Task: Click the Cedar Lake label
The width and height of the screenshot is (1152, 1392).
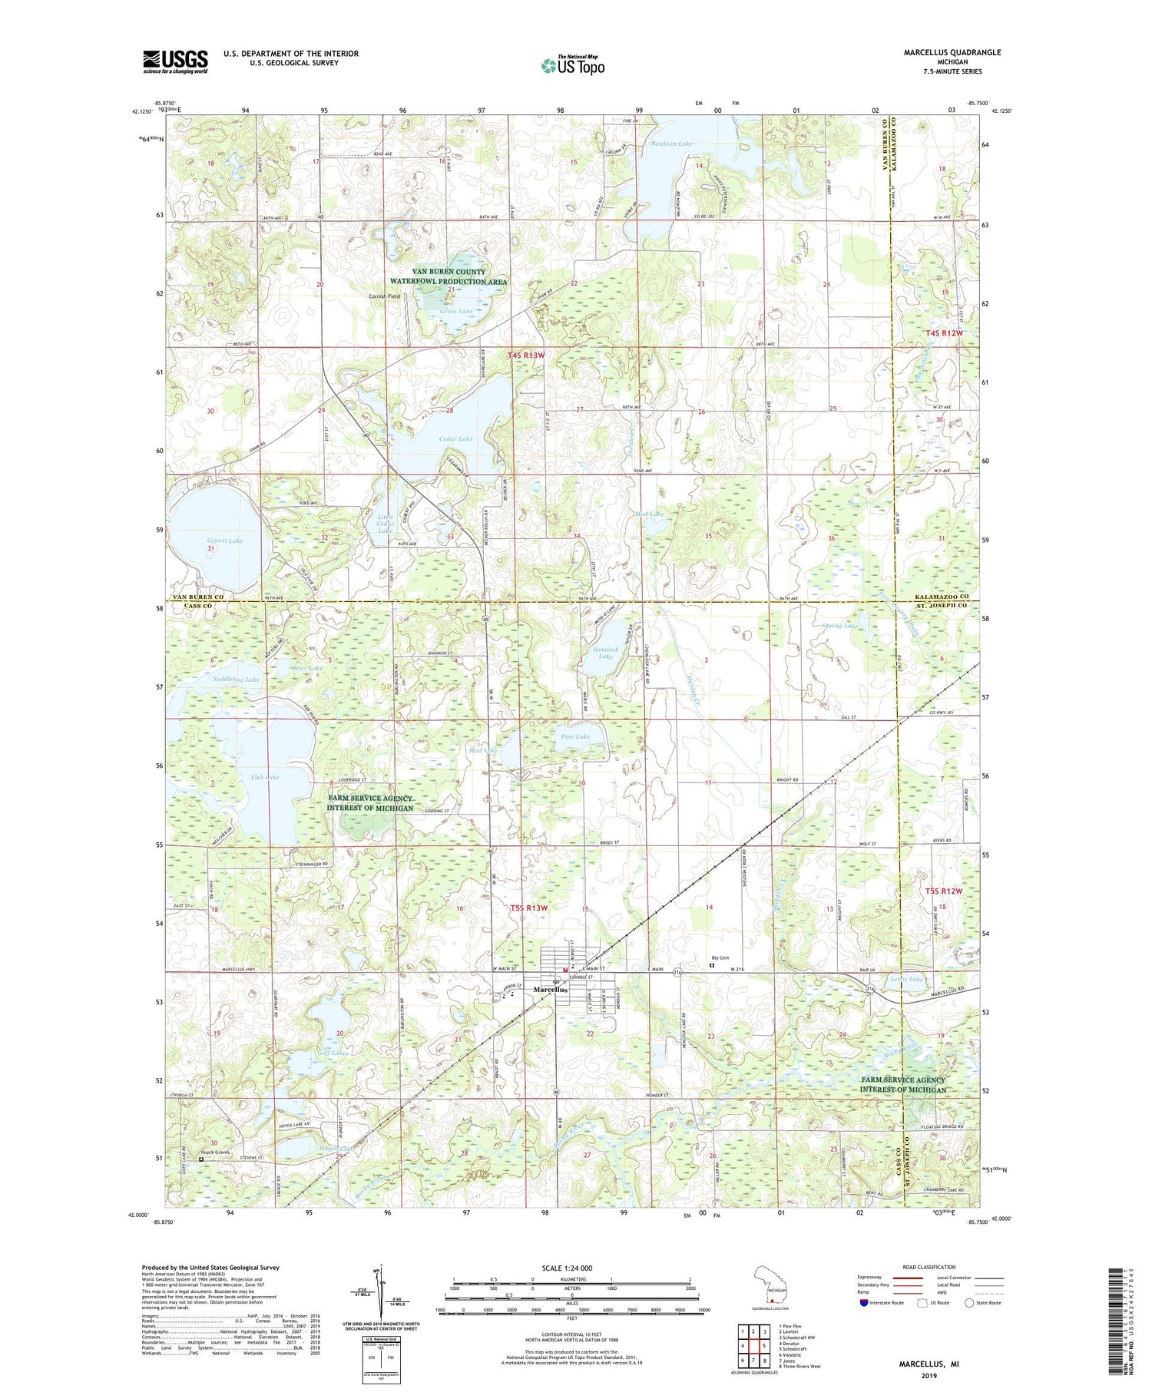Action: click(456, 439)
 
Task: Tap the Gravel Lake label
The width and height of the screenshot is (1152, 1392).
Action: click(225, 541)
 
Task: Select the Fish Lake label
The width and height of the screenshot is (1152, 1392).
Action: click(265, 777)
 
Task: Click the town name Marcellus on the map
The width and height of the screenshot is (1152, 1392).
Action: click(551, 990)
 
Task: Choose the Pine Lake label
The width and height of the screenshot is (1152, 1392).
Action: click(575, 736)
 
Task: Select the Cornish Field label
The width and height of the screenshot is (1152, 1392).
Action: click(384, 296)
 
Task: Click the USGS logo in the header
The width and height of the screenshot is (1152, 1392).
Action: click(175, 61)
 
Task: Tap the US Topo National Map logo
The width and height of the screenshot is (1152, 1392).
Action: click(572, 64)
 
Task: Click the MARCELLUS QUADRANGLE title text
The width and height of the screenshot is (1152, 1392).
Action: click(953, 52)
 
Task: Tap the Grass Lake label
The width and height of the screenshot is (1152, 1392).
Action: click(456, 311)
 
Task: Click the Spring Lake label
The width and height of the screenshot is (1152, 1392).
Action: click(839, 626)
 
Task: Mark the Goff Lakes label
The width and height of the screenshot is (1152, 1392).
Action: click(333, 1053)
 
